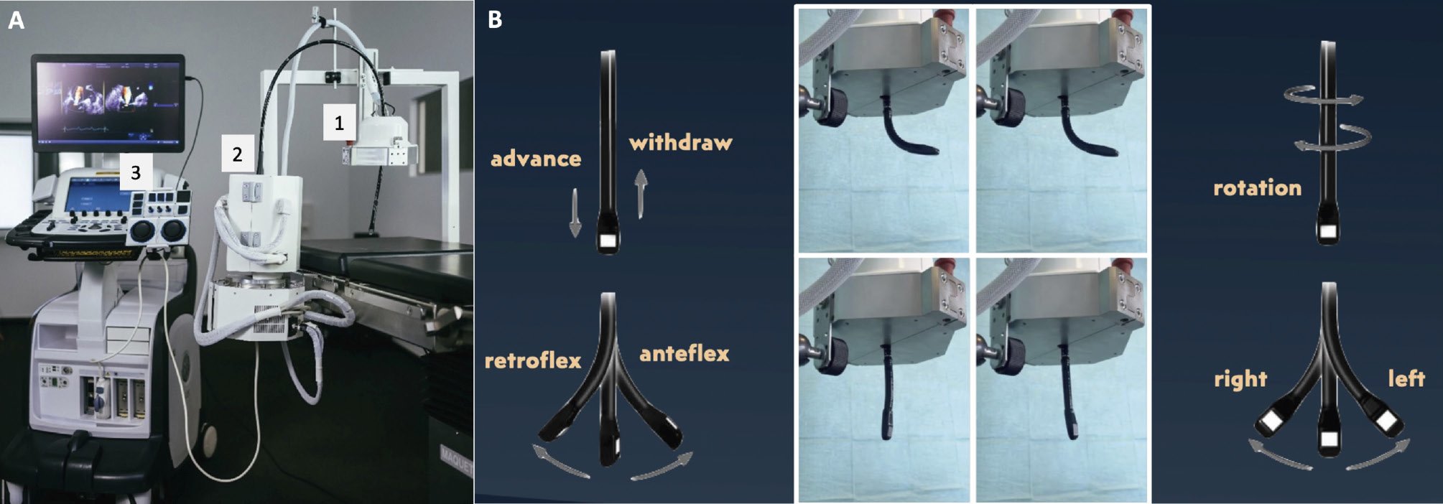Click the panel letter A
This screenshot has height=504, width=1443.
(x=16, y=21)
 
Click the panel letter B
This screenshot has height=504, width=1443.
(x=495, y=20)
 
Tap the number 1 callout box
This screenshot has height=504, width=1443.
(x=339, y=123)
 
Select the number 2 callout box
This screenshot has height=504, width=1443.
(x=237, y=153)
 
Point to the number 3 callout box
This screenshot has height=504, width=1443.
(x=136, y=172)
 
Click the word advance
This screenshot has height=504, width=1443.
(x=536, y=158)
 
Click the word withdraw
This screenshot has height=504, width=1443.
(x=681, y=142)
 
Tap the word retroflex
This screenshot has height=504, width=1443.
(x=533, y=359)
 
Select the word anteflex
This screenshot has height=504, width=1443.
(x=685, y=353)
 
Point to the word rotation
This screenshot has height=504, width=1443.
(x=1257, y=187)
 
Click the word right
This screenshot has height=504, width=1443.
(x=1240, y=378)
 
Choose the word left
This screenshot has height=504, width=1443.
(x=1406, y=378)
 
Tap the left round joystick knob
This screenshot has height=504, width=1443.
(x=142, y=231)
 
